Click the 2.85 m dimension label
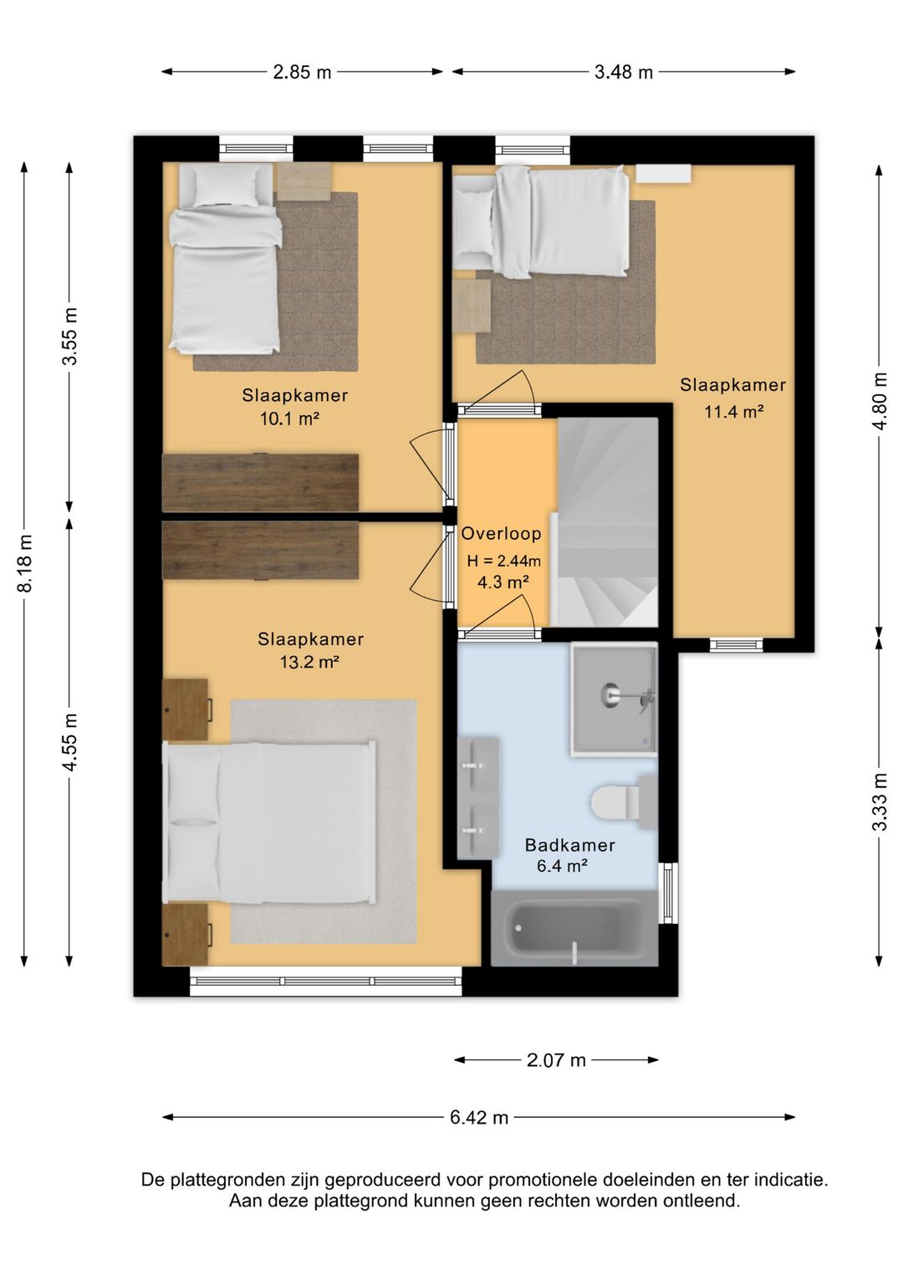click(x=302, y=73)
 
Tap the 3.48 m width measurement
click(x=623, y=73)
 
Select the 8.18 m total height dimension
click(x=25, y=563)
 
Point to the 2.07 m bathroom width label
click(x=556, y=1059)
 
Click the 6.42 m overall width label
click(x=478, y=1117)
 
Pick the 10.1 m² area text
click(x=289, y=419)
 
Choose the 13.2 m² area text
click(x=310, y=662)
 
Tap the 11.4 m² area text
click(x=734, y=411)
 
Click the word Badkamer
click(x=569, y=846)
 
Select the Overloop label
click(x=502, y=533)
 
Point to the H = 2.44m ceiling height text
click(x=504, y=561)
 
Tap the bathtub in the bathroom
click(x=574, y=927)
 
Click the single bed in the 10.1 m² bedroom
click(x=226, y=258)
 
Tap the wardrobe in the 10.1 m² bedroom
click(x=260, y=482)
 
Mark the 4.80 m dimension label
click(x=880, y=401)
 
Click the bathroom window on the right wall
click(x=668, y=893)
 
